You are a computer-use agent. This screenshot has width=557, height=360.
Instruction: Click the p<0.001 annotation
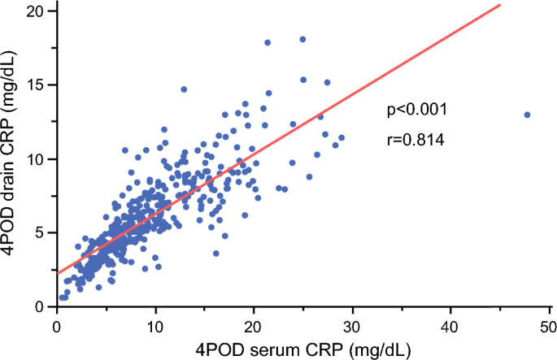(x=417, y=110)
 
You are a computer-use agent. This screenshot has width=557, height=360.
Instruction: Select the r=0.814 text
(x=416, y=140)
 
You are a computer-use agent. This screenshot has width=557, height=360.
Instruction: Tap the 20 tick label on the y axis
(x=36, y=11)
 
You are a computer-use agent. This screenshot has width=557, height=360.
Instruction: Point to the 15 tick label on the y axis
(x=37, y=85)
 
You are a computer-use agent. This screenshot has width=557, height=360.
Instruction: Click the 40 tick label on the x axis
(x=450, y=327)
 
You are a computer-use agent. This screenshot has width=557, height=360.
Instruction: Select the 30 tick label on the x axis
(x=352, y=327)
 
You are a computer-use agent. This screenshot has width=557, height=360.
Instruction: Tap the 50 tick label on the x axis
(x=549, y=327)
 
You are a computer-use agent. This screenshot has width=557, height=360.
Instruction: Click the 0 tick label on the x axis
(x=57, y=327)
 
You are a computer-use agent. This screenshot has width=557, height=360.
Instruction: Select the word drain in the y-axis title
(x=8, y=176)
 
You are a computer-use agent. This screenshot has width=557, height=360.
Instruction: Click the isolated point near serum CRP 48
(x=527, y=115)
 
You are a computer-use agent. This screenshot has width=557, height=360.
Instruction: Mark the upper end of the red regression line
(x=501, y=5)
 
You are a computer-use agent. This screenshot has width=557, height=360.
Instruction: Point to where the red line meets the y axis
(x=58, y=273)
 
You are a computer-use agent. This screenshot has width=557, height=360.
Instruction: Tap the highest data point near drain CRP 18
(x=302, y=39)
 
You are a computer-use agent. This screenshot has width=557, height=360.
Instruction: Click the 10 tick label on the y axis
(x=37, y=159)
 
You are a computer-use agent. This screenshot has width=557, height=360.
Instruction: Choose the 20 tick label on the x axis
(x=254, y=327)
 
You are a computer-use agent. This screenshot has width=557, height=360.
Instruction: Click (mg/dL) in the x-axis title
(x=380, y=351)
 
